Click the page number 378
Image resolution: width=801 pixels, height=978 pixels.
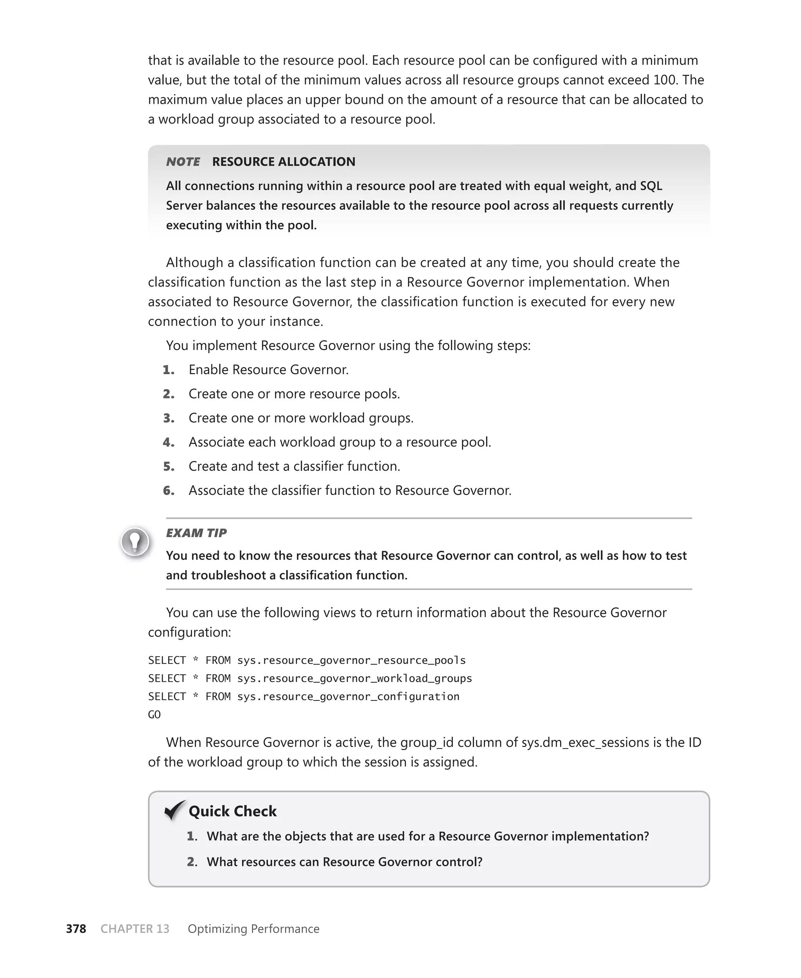tap(76, 929)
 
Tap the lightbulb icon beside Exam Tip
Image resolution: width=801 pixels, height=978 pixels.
tap(135, 541)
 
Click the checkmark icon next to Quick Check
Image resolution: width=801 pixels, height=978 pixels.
tap(175, 810)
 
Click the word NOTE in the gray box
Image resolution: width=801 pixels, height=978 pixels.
tap(183, 162)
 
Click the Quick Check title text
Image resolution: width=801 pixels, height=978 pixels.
tap(233, 811)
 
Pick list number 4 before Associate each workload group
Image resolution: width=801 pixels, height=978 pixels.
tap(169, 442)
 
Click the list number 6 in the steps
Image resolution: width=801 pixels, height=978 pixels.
tap(169, 491)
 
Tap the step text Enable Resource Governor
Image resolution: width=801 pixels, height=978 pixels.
tap(269, 370)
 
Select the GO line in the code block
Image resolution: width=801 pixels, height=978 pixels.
tap(154, 715)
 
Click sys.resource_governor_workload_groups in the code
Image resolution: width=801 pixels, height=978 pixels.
tap(354, 678)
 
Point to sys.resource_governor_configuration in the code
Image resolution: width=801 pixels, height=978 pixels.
tap(348, 697)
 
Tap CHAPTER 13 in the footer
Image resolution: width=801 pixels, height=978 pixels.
tap(135, 929)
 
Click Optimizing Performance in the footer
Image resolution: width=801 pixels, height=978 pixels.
tap(253, 929)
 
